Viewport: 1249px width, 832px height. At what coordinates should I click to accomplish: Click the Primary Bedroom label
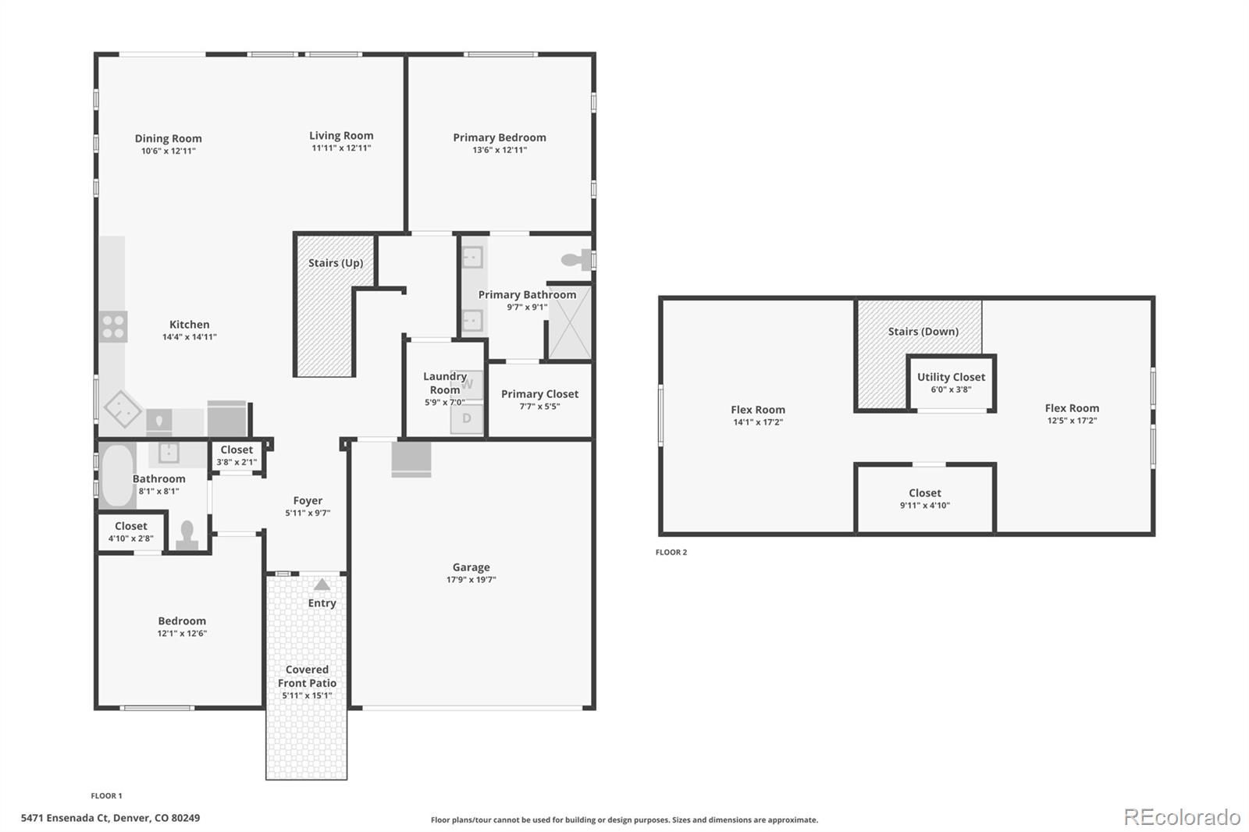click(499, 137)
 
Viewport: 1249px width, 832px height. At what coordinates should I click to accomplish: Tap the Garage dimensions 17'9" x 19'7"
click(471, 579)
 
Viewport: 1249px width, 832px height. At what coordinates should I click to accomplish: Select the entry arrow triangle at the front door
click(322, 584)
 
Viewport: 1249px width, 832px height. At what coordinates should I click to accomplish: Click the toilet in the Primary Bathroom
click(576, 259)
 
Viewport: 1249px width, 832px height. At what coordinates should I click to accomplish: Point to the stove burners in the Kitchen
click(113, 326)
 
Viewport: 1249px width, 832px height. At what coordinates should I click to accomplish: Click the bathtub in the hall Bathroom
click(117, 475)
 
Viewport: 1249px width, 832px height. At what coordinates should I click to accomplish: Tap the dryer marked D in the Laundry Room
click(467, 418)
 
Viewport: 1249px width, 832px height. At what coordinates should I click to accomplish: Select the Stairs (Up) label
click(336, 263)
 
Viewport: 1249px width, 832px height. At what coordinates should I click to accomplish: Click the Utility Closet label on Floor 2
click(952, 377)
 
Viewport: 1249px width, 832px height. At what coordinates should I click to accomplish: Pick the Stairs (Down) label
click(923, 331)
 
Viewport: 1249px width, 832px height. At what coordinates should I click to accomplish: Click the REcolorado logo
click(1182, 817)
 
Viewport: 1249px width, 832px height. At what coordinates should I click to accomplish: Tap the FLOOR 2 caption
click(671, 552)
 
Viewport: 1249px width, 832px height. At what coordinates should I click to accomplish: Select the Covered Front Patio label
click(308, 676)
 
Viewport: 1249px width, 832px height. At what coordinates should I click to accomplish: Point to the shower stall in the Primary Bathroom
click(570, 322)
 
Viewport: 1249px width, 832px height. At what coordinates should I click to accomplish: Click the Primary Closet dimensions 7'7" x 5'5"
click(539, 407)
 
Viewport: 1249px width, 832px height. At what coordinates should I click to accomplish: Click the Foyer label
click(308, 501)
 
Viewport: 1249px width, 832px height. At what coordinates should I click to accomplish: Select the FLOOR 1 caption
click(106, 796)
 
